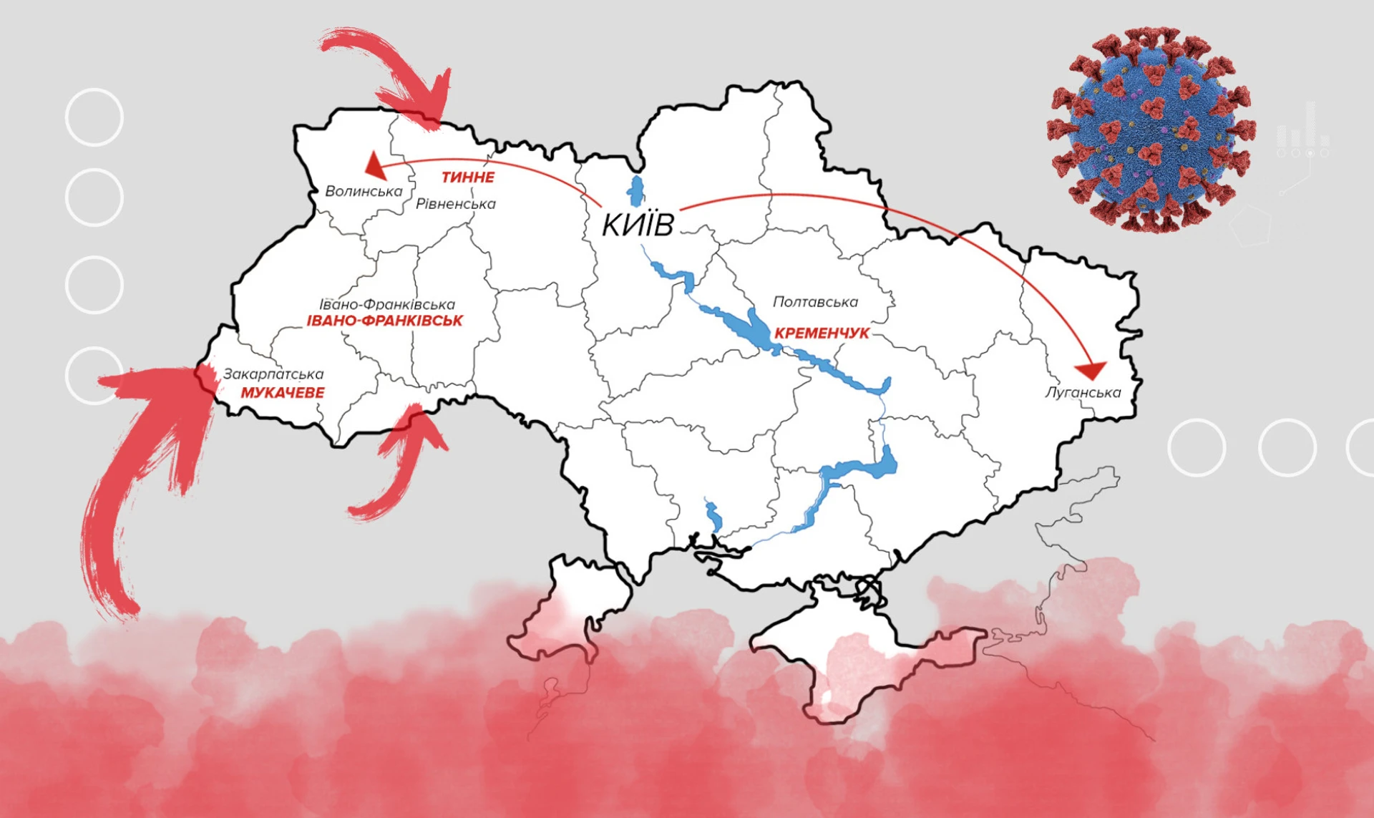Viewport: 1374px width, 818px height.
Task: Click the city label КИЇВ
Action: tap(637, 224)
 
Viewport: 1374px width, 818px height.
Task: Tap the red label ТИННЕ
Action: tap(467, 177)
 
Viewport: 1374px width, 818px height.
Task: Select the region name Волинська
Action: tap(364, 191)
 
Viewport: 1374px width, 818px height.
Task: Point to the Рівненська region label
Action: tap(456, 204)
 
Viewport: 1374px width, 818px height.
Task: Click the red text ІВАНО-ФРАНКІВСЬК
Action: tap(385, 321)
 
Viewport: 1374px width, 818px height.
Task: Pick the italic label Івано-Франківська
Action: tap(386, 304)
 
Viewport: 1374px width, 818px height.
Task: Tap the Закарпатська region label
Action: tap(273, 374)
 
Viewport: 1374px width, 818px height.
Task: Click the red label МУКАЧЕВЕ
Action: tap(282, 392)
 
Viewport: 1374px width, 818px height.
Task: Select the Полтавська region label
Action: tap(815, 302)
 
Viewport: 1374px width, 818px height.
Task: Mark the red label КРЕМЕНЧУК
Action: tap(822, 333)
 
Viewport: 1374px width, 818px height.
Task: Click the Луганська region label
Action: tap(1083, 392)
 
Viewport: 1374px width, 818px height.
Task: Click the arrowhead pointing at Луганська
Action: tap(1091, 370)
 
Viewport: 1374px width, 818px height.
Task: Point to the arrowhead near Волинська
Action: tap(375, 167)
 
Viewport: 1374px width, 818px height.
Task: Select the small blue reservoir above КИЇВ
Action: tap(635, 190)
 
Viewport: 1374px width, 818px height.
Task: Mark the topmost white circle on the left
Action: tap(94, 117)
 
